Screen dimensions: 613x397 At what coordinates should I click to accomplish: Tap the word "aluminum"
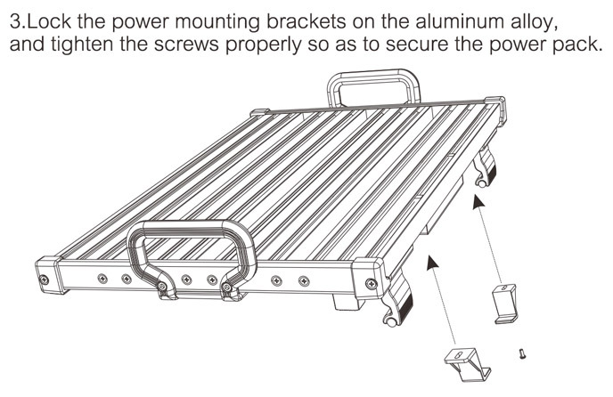coord(475,19)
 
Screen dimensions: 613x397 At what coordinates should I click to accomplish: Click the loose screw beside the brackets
coord(521,356)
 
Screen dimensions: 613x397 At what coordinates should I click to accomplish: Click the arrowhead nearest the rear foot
coord(479,203)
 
